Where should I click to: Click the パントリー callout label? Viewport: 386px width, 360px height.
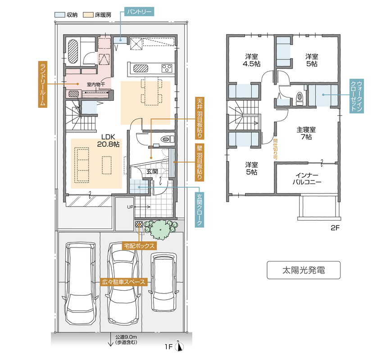pyautogui.click(x=139, y=12)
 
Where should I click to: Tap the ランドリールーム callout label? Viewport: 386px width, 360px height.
pyautogui.click(x=43, y=84)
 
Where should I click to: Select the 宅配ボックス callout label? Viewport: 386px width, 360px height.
pyautogui.click(x=139, y=246)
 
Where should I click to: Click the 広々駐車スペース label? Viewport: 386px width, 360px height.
pyautogui.click(x=123, y=282)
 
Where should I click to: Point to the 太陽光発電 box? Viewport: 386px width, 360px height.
pyautogui.click(x=304, y=270)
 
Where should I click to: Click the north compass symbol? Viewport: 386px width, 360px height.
pyautogui.click(x=179, y=346)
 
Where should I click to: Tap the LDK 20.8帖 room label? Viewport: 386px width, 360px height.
pyautogui.click(x=108, y=141)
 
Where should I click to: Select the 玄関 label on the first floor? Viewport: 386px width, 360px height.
pyautogui.click(x=152, y=171)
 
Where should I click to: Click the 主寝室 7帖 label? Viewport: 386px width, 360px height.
pyautogui.click(x=306, y=133)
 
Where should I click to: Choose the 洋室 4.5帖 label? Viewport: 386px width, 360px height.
pyautogui.click(x=251, y=60)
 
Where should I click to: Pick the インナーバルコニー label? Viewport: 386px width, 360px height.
pyautogui.click(x=307, y=179)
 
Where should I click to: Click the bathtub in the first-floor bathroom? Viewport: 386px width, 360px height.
pyautogui.click(x=73, y=51)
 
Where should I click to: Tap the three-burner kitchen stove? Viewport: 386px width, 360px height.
pyautogui.click(x=167, y=68)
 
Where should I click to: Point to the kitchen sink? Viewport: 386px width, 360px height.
pyautogui.click(x=141, y=68)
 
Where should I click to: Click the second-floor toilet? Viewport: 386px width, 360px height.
pyautogui.click(x=300, y=97)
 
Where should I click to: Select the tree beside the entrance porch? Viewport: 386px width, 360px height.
pyautogui.click(x=160, y=229)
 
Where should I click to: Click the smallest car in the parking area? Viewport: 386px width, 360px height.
pyautogui.click(x=163, y=282)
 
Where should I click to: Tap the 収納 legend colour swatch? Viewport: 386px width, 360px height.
pyautogui.click(x=59, y=15)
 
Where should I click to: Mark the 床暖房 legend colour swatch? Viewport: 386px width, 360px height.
pyautogui.click(x=88, y=15)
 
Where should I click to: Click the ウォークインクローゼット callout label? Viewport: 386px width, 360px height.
pyautogui.click(x=356, y=96)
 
